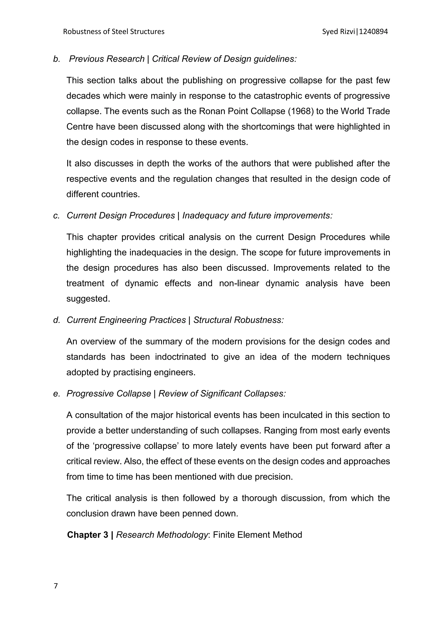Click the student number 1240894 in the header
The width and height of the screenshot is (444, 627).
pos(374,32)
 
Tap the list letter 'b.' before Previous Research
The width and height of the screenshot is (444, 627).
pos(57,59)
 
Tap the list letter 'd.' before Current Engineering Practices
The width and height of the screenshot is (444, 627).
pos(57,320)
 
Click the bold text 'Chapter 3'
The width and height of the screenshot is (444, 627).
pos(88,535)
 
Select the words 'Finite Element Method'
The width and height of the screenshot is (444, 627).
pos(257,535)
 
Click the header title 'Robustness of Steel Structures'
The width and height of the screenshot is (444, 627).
pos(114,32)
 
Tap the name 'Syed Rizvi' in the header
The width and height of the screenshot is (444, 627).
pos(339,32)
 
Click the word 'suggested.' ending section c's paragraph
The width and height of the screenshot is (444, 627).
pos(88,299)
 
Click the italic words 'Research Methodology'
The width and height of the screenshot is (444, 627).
pos(162,535)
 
